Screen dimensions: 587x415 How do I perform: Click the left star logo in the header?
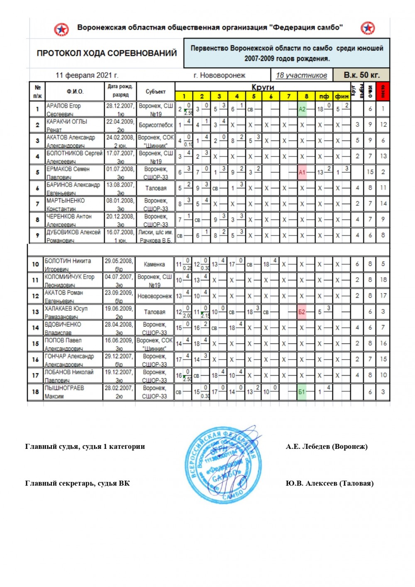(61, 29)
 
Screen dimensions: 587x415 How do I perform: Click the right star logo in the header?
(367, 28)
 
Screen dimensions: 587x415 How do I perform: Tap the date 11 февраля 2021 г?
(87, 75)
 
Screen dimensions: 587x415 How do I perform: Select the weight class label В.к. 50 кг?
(361, 75)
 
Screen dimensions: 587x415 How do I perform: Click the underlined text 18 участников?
(301, 75)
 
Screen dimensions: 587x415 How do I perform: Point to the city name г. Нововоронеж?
(219, 75)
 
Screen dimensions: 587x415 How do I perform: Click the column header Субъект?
(156, 91)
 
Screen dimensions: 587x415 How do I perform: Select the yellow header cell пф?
(324, 96)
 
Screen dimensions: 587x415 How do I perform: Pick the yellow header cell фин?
(342, 96)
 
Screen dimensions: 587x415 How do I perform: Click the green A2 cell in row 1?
(302, 109)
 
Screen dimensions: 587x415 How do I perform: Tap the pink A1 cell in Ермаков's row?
(302, 172)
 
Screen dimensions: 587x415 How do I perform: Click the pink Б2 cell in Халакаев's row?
(302, 312)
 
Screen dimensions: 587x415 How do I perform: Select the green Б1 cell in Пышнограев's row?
(302, 391)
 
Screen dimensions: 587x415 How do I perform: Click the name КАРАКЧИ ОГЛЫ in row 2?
(67, 122)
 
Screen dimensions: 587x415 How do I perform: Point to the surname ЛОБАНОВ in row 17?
(56, 372)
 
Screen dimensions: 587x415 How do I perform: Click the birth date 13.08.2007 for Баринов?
(120, 185)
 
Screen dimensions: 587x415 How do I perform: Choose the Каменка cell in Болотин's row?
(154, 264)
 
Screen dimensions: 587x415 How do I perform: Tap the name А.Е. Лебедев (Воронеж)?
(327, 446)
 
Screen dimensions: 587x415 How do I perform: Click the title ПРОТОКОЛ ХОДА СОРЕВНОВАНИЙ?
(107, 53)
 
